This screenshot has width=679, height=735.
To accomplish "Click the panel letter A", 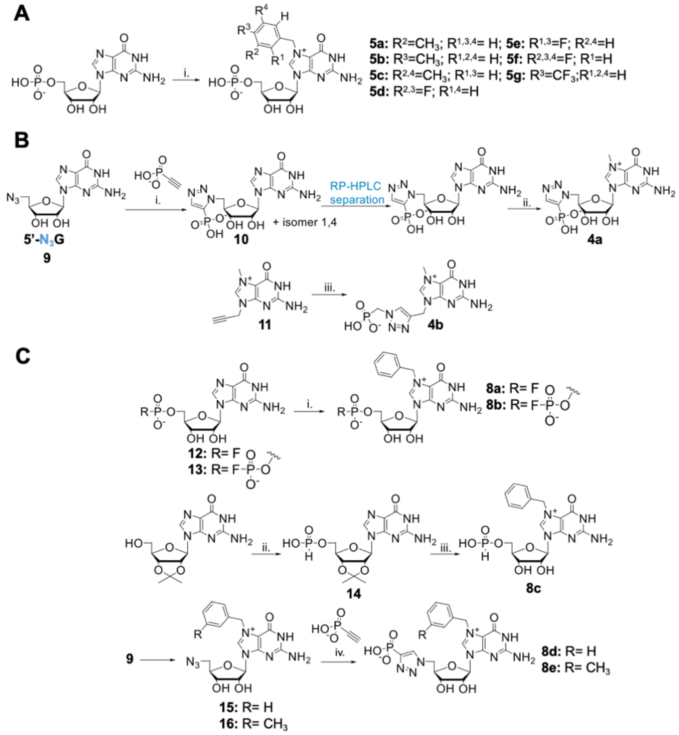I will pos(23,15).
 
